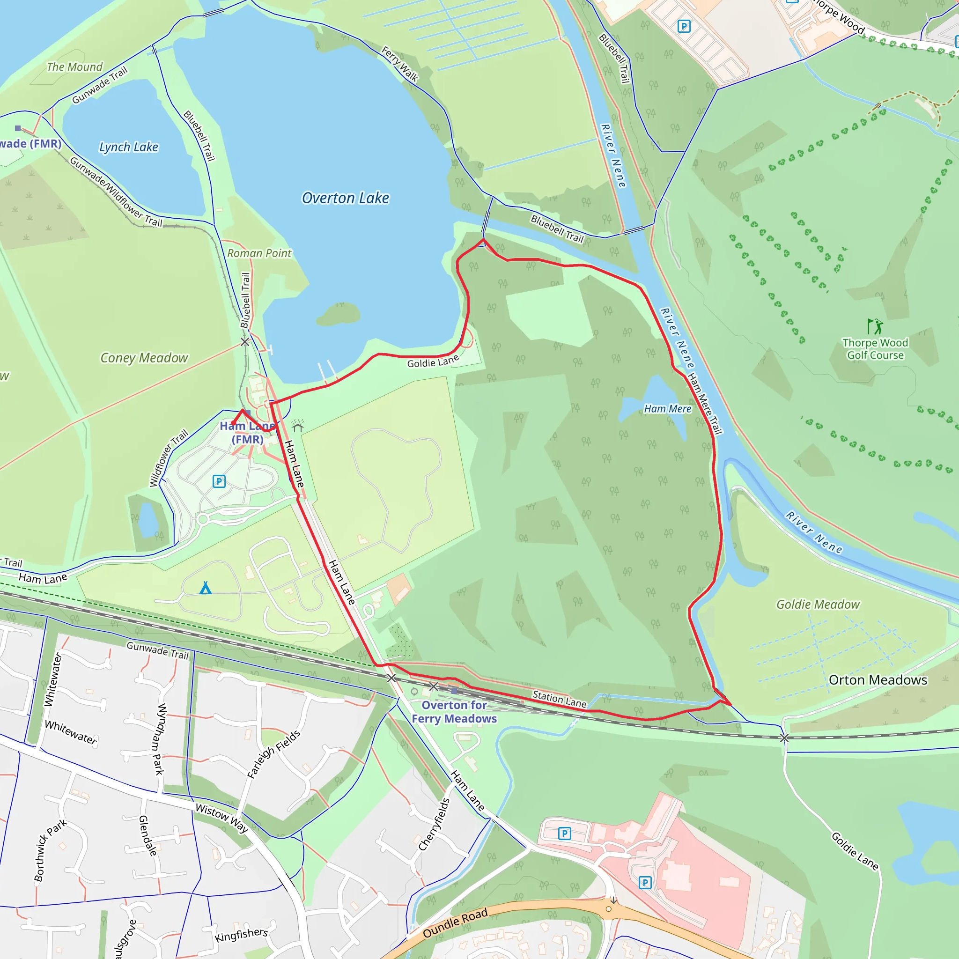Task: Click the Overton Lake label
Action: click(346, 198)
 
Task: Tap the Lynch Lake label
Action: click(129, 147)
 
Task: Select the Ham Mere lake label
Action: click(668, 408)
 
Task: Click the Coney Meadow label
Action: click(144, 358)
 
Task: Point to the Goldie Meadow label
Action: click(818, 604)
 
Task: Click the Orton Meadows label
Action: click(878, 680)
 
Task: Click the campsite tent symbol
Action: click(206, 589)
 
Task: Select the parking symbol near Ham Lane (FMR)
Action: click(219, 481)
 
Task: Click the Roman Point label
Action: click(259, 253)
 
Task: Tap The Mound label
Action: click(74, 67)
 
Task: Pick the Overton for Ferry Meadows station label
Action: click(454, 712)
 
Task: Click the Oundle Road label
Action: click(455, 923)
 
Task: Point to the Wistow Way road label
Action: click(221, 818)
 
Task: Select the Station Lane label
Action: click(560, 699)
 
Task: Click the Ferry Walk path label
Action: click(399, 64)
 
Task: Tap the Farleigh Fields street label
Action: click(273, 754)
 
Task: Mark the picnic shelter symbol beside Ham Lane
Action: click(298, 426)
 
